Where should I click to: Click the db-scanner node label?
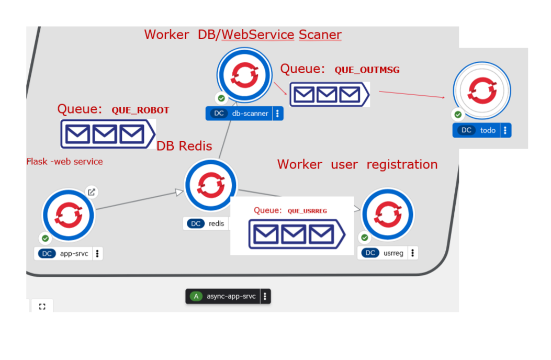click(250, 114)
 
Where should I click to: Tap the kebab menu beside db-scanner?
click(278, 114)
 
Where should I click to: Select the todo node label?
click(487, 130)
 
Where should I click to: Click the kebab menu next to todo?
click(505, 130)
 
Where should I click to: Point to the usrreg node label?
click(393, 253)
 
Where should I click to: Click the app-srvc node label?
click(74, 254)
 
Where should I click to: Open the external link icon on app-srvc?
click(92, 192)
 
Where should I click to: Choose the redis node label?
click(216, 223)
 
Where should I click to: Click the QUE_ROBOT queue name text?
click(140, 110)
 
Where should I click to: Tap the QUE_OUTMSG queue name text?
click(367, 70)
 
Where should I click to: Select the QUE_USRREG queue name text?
click(307, 211)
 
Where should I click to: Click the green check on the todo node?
click(458, 115)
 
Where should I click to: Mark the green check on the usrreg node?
click(365, 238)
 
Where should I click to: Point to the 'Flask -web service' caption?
click(64, 162)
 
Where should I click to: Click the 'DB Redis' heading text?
click(184, 146)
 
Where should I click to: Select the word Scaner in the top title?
click(320, 35)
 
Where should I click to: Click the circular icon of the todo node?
click(482, 89)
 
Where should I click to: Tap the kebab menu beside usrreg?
click(413, 253)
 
